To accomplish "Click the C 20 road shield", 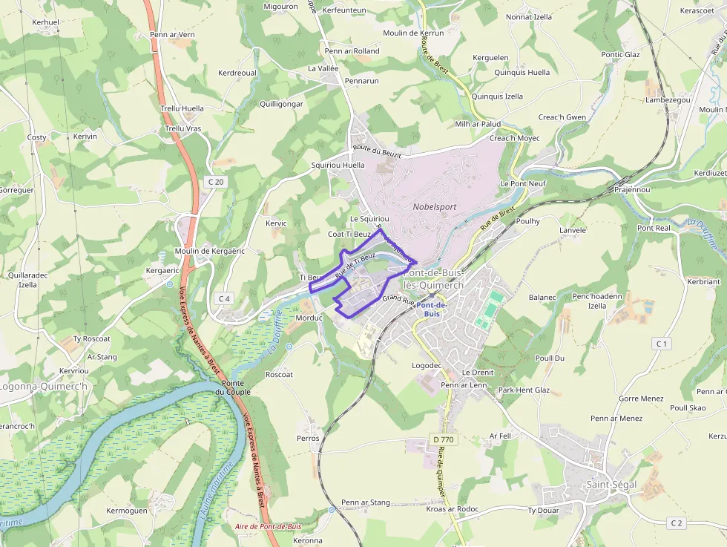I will tap(216, 181).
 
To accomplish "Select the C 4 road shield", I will tap(224, 298).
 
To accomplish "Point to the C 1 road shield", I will tap(662, 344).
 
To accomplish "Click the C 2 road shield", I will tap(675, 523).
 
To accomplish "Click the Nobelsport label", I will tap(435, 207).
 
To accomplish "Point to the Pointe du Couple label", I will tap(233, 387).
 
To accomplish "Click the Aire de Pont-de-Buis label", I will tap(268, 526).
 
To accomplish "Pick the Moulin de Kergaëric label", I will tap(210, 251).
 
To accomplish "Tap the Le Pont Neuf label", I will tap(524, 183).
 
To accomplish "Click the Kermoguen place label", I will tap(127, 511).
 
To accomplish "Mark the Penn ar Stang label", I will tap(365, 502).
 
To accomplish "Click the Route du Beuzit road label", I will tap(377, 152).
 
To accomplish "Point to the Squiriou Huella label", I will tap(338, 165).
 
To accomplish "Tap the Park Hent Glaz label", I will tap(524, 390).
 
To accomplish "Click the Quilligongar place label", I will tap(281, 104).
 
